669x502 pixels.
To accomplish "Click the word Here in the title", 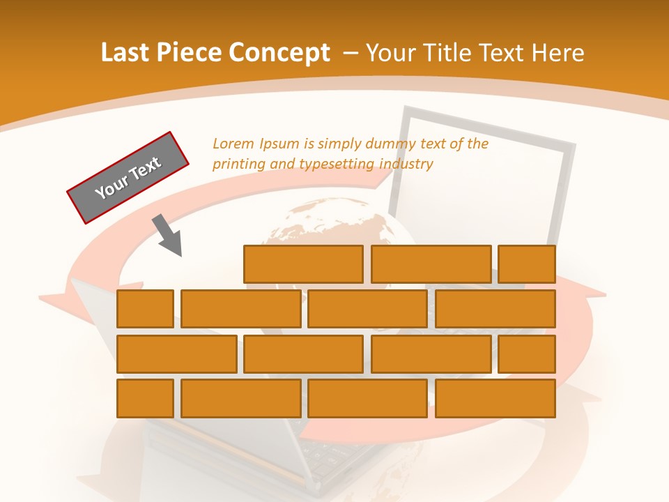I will [x=557, y=53].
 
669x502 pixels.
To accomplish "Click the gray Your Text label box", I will [x=128, y=178].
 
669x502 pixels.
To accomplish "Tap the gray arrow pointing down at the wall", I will [x=168, y=236].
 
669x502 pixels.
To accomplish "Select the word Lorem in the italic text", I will [x=233, y=144].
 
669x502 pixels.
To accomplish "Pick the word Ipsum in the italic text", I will [x=279, y=144].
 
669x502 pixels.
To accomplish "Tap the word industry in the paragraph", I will [x=407, y=165].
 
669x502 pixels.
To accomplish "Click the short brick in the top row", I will [x=527, y=264].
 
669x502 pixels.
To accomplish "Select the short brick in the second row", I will [x=145, y=309].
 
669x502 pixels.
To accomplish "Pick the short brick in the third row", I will [x=527, y=353].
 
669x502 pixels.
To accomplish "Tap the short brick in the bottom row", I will [x=145, y=398].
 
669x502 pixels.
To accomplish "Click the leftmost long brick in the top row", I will [x=303, y=264].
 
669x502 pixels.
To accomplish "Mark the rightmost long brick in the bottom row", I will [x=495, y=398].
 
